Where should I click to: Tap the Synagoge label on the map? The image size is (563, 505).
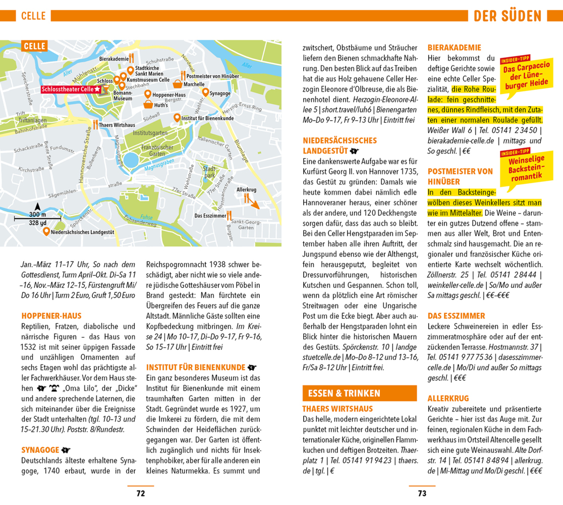point(219,93)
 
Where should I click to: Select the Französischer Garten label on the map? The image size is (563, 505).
point(157,150)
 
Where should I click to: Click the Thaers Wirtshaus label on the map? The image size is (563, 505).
point(117,125)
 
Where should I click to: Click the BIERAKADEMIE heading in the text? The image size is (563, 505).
point(454,47)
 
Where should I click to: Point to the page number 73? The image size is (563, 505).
point(422,493)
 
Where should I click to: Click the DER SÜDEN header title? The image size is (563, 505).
point(515,16)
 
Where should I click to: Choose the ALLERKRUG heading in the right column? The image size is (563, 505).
point(448,398)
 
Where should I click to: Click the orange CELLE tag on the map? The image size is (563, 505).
point(34,46)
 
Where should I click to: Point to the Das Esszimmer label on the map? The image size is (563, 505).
point(210,216)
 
